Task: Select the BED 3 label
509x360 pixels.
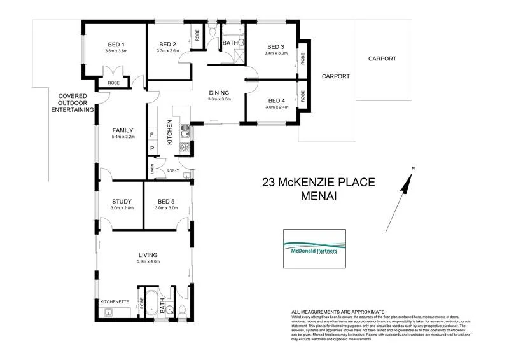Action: [x=275, y=46]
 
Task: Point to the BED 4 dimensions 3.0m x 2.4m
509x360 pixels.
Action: [x=277, y=107]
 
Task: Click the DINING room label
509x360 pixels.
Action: [x=219, y=92]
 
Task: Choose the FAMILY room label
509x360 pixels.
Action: [x=122, y=130]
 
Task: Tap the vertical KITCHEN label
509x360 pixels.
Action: [x=170, y=132]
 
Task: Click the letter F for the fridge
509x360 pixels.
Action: [x=152, y=135]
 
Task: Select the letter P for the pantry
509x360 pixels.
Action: [x=152, y=149]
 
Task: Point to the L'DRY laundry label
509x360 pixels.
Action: [x=172, y=170]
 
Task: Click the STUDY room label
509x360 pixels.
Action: [x=121, y=202]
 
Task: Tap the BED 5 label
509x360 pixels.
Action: [x=166, y=202]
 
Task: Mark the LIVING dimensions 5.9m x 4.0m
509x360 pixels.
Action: [x=148, y=261]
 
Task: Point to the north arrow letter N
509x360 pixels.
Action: [x=412, y=168]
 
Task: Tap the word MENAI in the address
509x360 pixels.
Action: [x=319, y=197]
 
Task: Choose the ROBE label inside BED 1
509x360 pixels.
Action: [x=113, y=83]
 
